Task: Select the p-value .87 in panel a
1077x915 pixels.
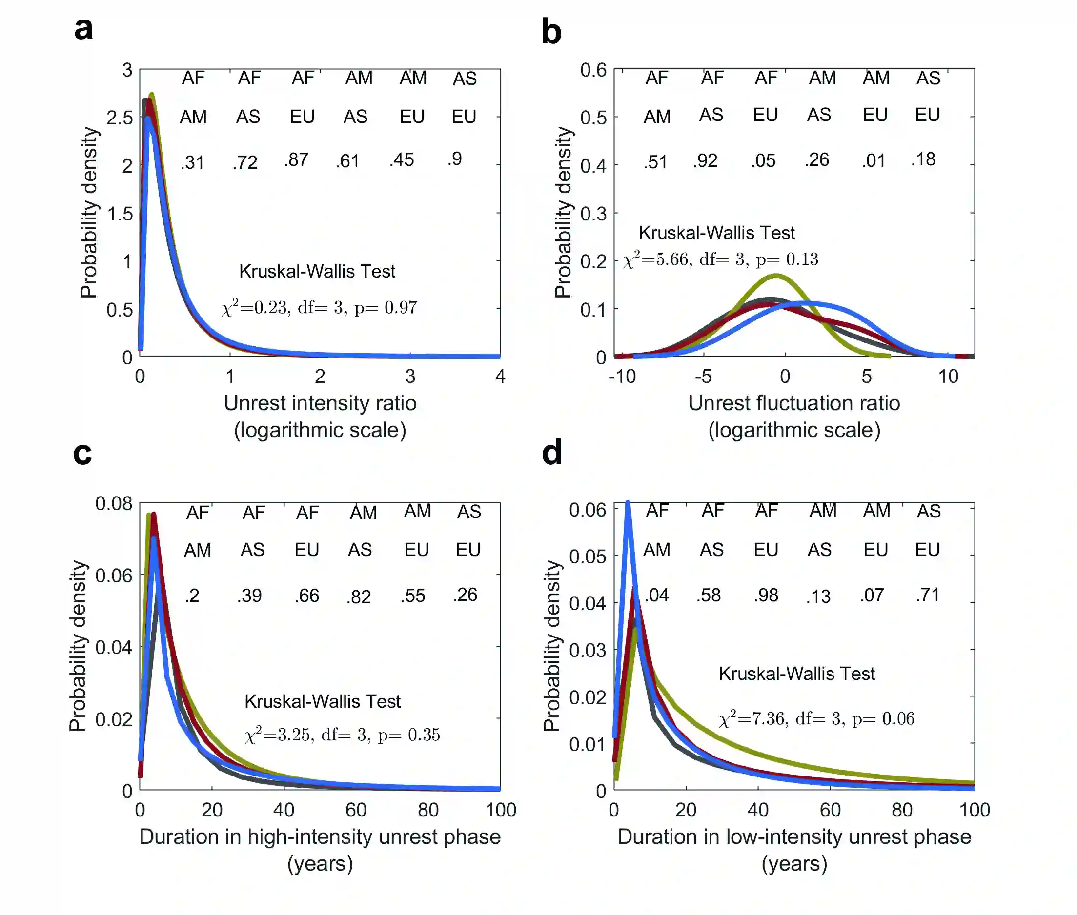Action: click(296, 160)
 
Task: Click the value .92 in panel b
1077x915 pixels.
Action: click(705, 161)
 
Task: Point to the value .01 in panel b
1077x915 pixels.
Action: click(874, 161)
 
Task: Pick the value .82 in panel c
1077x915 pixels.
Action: click(359, 597)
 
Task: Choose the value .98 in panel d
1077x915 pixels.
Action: click(766, 596)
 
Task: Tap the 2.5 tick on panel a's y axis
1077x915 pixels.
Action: click(120, 118)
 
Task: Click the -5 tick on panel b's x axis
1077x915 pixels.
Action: click(703, 377)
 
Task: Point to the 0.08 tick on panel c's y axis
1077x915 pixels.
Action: click(114, 504)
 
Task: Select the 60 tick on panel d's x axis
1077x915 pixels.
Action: click(830, 810)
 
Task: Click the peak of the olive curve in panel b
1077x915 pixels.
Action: click(775, 276)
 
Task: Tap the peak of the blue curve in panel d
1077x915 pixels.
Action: click(628, 503)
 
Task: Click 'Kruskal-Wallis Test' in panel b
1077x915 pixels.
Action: click(716, 233)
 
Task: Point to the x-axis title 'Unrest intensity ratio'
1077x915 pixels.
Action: click(320, 403)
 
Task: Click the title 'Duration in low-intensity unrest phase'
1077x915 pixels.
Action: click(794, 836)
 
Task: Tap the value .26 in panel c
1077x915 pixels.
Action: click(465, 595)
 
